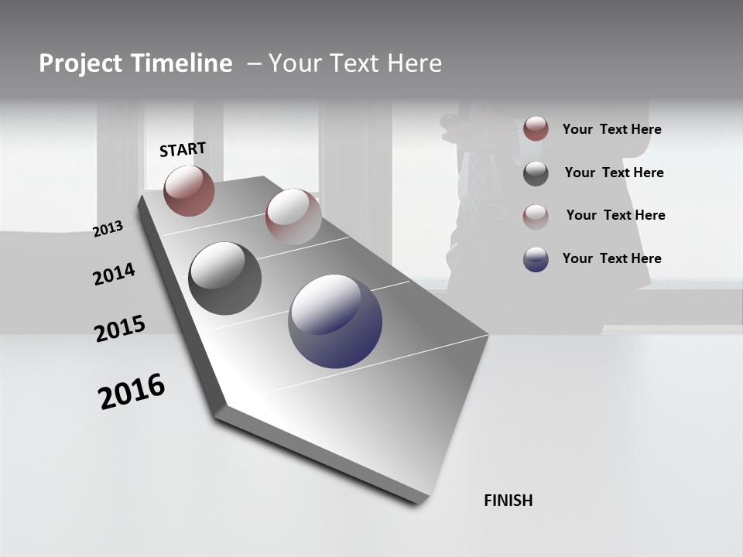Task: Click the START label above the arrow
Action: (183, 149)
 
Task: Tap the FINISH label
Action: (508, 501)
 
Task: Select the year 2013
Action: (108, 229)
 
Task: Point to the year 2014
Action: (114, 274)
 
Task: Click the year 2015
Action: (120, 329)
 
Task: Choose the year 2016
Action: (132, 391)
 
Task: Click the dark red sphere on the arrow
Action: (189, 190)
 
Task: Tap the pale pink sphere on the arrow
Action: (293, 216)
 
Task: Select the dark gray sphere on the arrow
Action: (224, 278)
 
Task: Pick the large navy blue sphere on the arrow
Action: (335, 321)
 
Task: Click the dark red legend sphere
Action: (536, 128)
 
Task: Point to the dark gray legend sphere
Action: (536, 173)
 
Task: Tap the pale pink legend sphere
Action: (536, 216)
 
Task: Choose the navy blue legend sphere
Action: (536, 259)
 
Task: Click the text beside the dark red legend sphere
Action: (611, 129)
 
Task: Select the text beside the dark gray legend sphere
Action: (614, 173)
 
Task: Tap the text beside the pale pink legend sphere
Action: (615, 215)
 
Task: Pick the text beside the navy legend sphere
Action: (611, 258)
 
